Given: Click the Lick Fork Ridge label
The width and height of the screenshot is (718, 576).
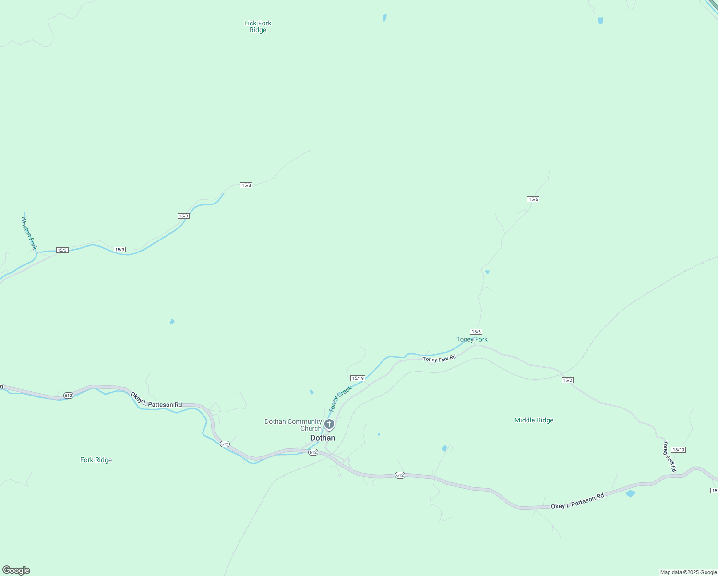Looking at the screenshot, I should (x=258, y=26).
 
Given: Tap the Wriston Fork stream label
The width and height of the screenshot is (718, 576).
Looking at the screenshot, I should (x=29, y=233).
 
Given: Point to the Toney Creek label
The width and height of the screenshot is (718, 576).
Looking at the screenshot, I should (x=340, y=399).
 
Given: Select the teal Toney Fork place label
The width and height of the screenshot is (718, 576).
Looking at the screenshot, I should (x=472, y=339).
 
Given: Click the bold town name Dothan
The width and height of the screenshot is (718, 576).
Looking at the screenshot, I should (x=323, y=438).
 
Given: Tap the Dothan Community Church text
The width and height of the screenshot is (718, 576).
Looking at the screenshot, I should (x=293, y=425).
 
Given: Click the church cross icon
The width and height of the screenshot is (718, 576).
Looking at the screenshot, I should (x=329, y=424).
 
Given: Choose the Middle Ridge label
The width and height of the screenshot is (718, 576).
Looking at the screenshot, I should (x=534, y=420).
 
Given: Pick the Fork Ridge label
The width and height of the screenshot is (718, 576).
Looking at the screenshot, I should (x=96, y=460).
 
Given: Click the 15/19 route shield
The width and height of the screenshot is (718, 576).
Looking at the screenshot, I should (x=358, y=378).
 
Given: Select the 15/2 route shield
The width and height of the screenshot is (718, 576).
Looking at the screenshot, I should (x=567, y=380).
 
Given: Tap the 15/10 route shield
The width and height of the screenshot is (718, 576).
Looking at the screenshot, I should (x=678, y=450).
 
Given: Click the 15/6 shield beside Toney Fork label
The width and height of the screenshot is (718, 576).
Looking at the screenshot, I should (x=476, y=332).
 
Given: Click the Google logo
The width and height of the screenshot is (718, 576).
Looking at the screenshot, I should (x=16, y=570).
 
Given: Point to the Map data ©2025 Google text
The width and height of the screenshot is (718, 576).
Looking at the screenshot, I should (x=688, y=572).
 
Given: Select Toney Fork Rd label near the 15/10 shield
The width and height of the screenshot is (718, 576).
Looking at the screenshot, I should (x=669, y=456).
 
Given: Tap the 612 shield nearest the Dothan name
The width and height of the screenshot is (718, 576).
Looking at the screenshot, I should (x=313, y=452).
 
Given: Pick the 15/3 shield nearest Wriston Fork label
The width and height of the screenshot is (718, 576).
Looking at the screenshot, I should (x=62, y=250).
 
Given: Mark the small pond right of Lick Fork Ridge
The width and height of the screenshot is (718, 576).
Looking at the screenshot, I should (x=384, y=18).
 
